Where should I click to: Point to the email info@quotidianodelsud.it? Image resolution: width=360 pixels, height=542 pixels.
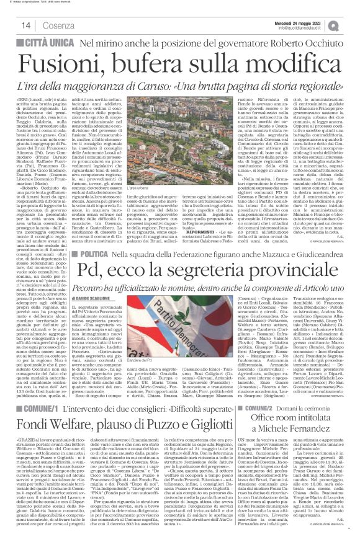point(307,27)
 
